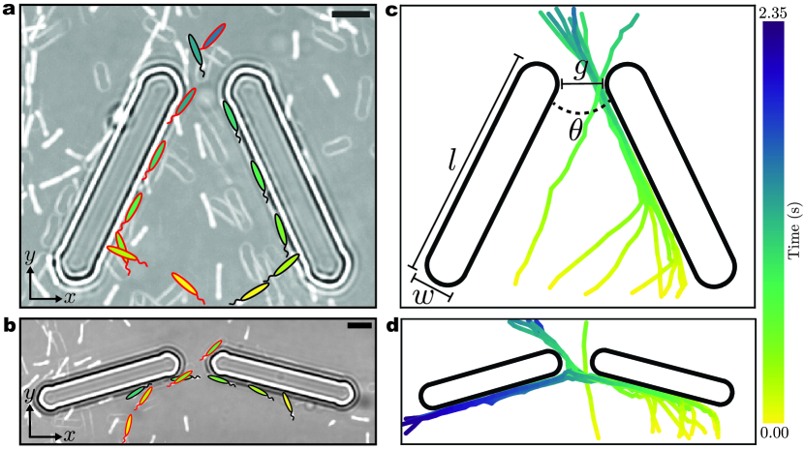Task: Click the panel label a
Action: click(x=10, y=11)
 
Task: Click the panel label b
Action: click(x=10, y=326)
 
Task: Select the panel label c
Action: click(x=390, y=11)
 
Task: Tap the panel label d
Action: click(x=391, y=326)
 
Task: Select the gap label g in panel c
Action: click(x=580, y=70)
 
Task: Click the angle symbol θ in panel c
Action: click(x=575, y=132)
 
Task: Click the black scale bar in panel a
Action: click(x=351, y=14)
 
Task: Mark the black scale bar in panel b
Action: click(x=358, y=325)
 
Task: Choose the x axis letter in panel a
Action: click(x=70, y=297)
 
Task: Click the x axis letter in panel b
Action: click(x=70, y=435)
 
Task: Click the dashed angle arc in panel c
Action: click(x=580, y=112)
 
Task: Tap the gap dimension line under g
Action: click(x=582, y=83)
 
